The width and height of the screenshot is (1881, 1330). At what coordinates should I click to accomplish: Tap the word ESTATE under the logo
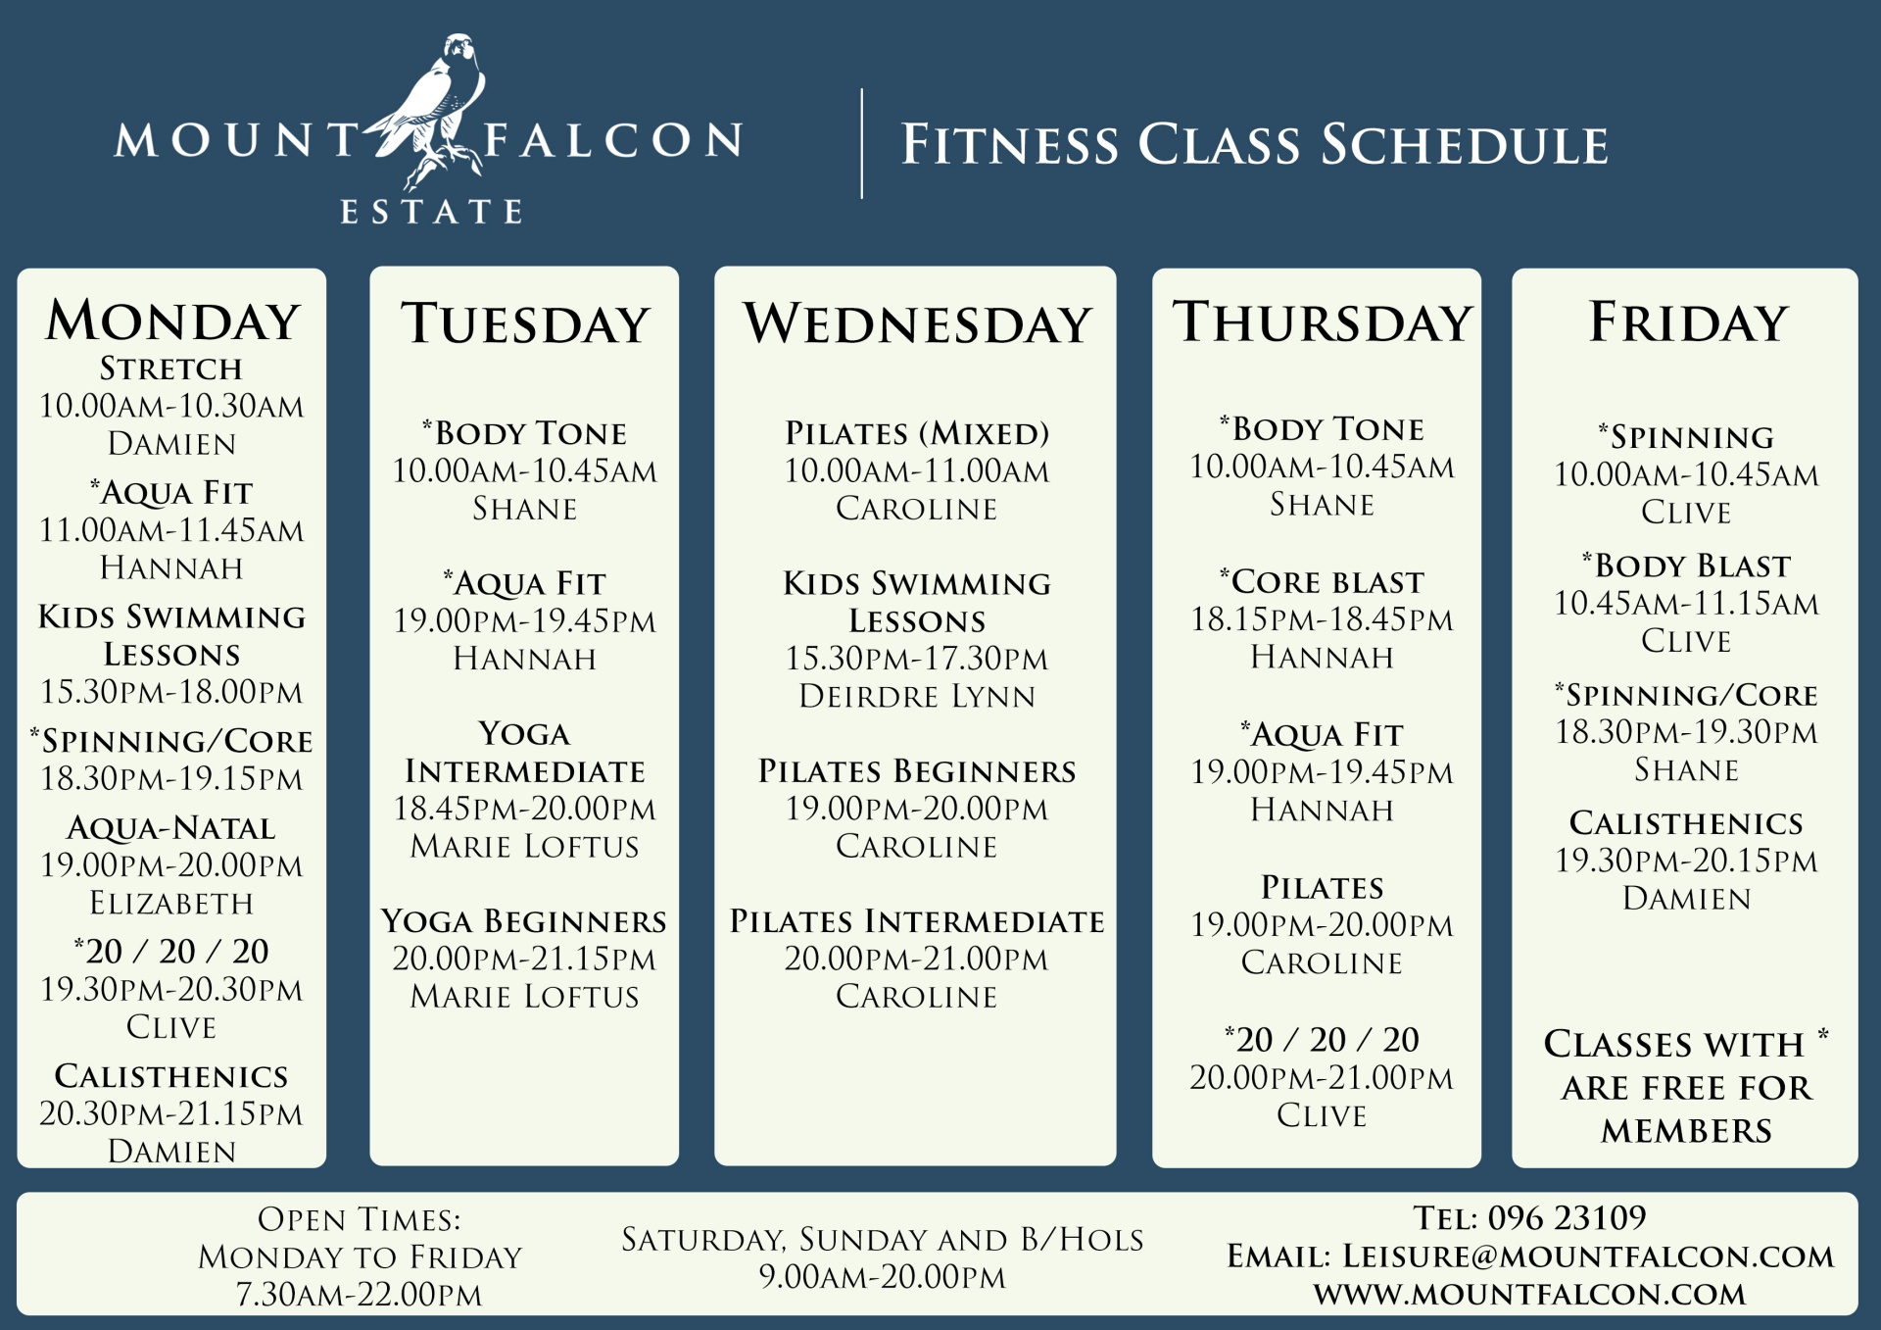[x=431, y=212]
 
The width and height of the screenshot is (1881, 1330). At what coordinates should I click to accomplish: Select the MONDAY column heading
[x=172, y=320]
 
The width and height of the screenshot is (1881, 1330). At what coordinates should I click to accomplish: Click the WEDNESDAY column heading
[x=917, y=323]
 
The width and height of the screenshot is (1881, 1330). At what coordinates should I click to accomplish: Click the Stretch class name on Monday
[x=171, y=369]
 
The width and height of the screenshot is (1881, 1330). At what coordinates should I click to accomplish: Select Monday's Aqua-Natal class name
[x=171, y=828]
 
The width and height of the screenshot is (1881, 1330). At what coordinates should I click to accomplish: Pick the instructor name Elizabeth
[x=171, y=903]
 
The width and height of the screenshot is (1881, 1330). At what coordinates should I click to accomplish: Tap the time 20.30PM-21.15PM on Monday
[x=171, y=1113]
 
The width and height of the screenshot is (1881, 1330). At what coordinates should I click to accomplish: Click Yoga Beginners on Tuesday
[x=524, y=921]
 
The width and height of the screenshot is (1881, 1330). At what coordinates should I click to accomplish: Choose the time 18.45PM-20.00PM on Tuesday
[x=524, y=809]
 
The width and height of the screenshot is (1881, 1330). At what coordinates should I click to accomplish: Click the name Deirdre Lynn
[x=917, y=696]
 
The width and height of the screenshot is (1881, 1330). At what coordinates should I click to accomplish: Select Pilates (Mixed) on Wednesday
[x=917, y=433]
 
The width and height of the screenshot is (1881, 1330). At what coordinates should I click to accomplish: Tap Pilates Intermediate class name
[x=917, y=921]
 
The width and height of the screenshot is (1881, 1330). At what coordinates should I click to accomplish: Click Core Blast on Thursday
[x=1323, y=581]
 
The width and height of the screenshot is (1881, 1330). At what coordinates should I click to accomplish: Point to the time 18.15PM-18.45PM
[x=1323, y=619]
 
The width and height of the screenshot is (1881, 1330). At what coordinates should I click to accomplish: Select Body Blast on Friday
[x=1687, y=566]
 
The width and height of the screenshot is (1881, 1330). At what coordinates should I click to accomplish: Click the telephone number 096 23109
[x=1567, y=1217]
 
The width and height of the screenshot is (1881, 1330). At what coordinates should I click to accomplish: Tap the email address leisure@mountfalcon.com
[x=1588, y=1256]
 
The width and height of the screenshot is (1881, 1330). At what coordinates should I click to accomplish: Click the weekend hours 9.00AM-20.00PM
[x=883, y=1277]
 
